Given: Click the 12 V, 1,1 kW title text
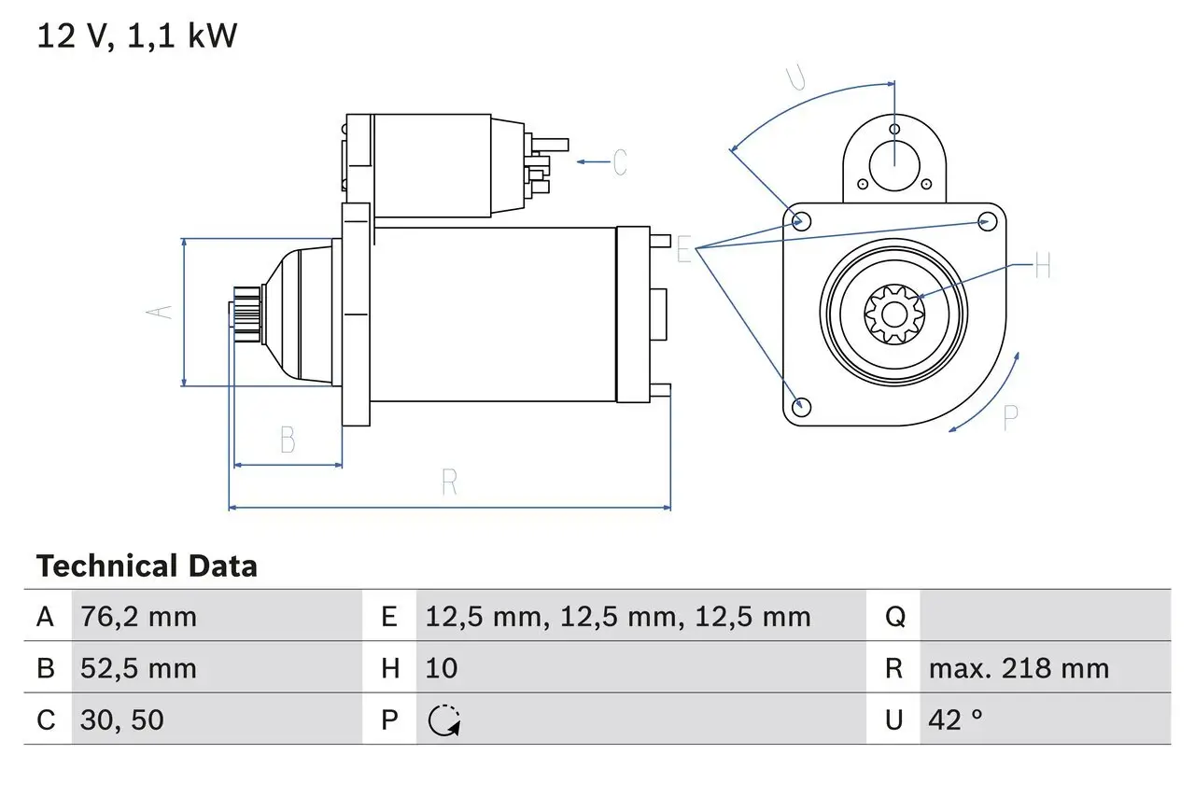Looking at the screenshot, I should click(x=137, y=36).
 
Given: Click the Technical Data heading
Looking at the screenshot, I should click(x=147, y=566).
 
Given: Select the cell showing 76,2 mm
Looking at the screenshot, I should click(x=140, y=617).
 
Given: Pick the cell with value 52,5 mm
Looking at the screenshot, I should click(x=140, y=668).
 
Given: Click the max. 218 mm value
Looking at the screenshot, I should click(x=1019, y=668).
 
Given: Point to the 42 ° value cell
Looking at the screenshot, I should click(x=956, y=719).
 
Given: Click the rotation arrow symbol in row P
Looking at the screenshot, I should click(x=444, y=720).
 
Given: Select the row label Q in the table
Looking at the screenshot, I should click(x=894, y=617).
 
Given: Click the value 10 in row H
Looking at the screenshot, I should click(x=442, y=668).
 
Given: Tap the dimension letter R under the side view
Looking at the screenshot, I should click(x=449, y=483).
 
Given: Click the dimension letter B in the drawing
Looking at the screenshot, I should click(x=288, y=440).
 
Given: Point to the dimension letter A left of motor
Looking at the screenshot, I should click(x=162, y=311).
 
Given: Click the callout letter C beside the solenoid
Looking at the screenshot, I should click(x=619, y=162).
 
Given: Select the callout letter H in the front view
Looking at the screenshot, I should click(x=1042, y=267).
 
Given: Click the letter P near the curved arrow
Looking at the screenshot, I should click(x=1010, y=417).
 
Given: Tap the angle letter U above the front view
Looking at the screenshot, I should click(x=795, y=77).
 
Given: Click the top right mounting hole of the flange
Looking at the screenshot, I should click(x=988, y=220).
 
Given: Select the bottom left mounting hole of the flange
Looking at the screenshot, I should click(x=800, y=406).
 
